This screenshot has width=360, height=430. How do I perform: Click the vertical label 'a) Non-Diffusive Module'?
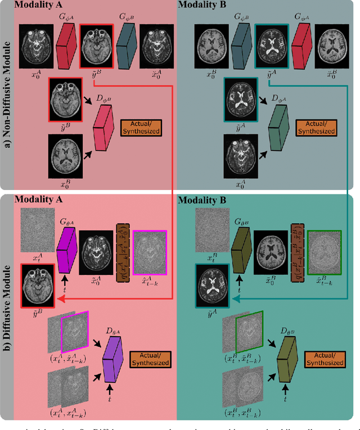[x=8, y=96]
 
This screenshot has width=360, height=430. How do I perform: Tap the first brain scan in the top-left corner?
[x=38, y=42]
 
